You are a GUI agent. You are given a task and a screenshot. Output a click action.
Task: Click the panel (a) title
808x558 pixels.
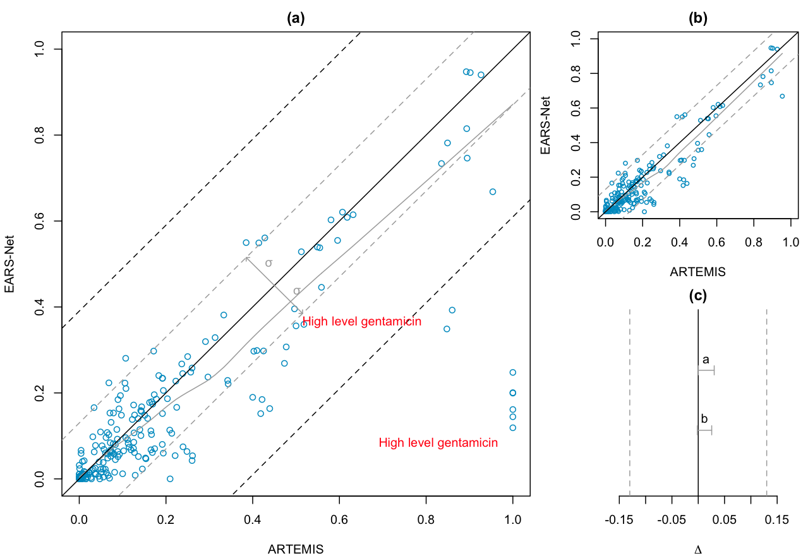click(296, 18)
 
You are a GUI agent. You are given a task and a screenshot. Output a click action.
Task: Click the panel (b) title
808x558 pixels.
click(697, 18)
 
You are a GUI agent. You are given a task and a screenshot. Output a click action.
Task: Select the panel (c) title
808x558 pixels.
click(697, 294)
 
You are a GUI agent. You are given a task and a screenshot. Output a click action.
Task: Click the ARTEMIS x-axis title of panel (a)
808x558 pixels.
click(296, 549)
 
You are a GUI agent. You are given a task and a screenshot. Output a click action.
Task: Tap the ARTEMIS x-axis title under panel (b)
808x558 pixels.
click(697, 272)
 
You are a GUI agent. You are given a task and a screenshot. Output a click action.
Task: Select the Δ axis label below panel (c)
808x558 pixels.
click(697, 550)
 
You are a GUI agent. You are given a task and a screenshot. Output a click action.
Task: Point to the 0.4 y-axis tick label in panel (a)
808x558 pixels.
click(40, 307)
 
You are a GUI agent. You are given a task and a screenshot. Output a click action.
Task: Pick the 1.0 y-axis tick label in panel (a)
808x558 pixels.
click(40, 49)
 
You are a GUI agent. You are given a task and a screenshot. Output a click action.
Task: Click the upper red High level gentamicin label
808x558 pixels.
click(362, 322)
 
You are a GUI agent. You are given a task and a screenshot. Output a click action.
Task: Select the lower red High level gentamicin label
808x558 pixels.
click(438, 443)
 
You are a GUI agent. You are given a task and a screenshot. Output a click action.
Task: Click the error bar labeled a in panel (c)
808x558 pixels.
click(706, 371)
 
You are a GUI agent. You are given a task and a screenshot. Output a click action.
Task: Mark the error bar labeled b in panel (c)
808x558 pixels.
click(704, 430)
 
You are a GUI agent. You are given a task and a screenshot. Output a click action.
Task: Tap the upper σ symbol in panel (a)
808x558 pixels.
click(268, 263)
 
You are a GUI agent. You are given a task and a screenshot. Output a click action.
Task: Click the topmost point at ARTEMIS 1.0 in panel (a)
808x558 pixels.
click(512, 372)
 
